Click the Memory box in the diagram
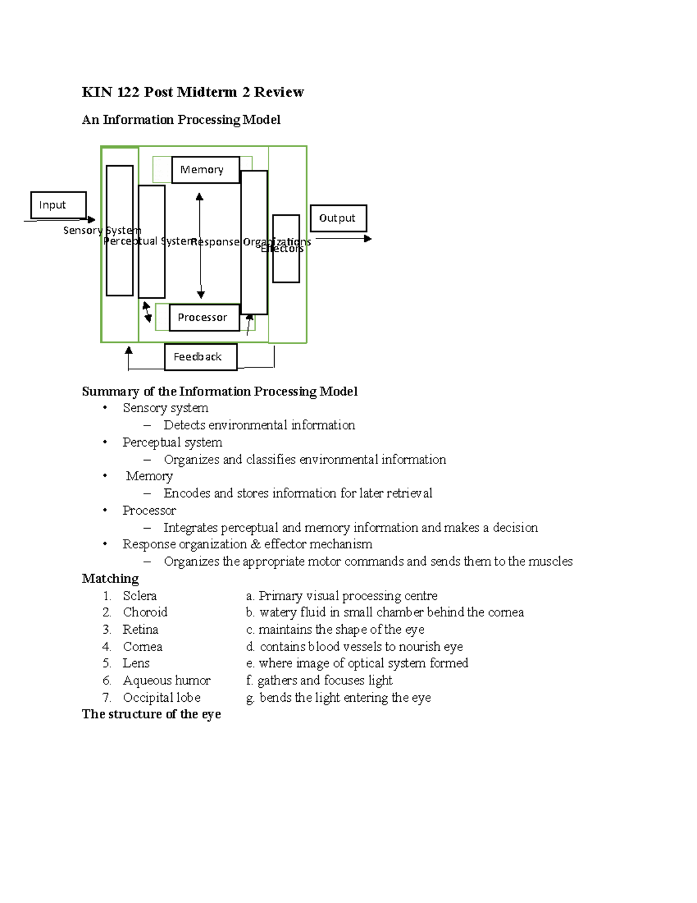[x=205, y=170]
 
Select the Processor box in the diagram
[x=204, y=317]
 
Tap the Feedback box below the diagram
[x=200, y=356]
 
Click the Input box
[x=58, y=205]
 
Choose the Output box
[x=338, y=218]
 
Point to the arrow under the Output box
[x=343, y=238]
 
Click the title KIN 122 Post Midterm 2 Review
[x=192, y=92]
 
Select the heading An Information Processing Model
[x=181, y=120]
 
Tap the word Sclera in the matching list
[x=139, y=595]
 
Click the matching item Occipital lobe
[x=161, y=697]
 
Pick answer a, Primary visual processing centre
[x=342, y=595]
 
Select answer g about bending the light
[x=339, y=697]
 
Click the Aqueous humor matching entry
[x=166, y=680]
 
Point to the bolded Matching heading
[x=110, y=579]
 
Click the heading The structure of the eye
[x=151, y=714]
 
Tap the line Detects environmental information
[x=259, y=425]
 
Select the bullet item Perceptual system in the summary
[x=172, y=442]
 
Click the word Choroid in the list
[x=145, y=612]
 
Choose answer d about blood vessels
[x=354, y=647]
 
